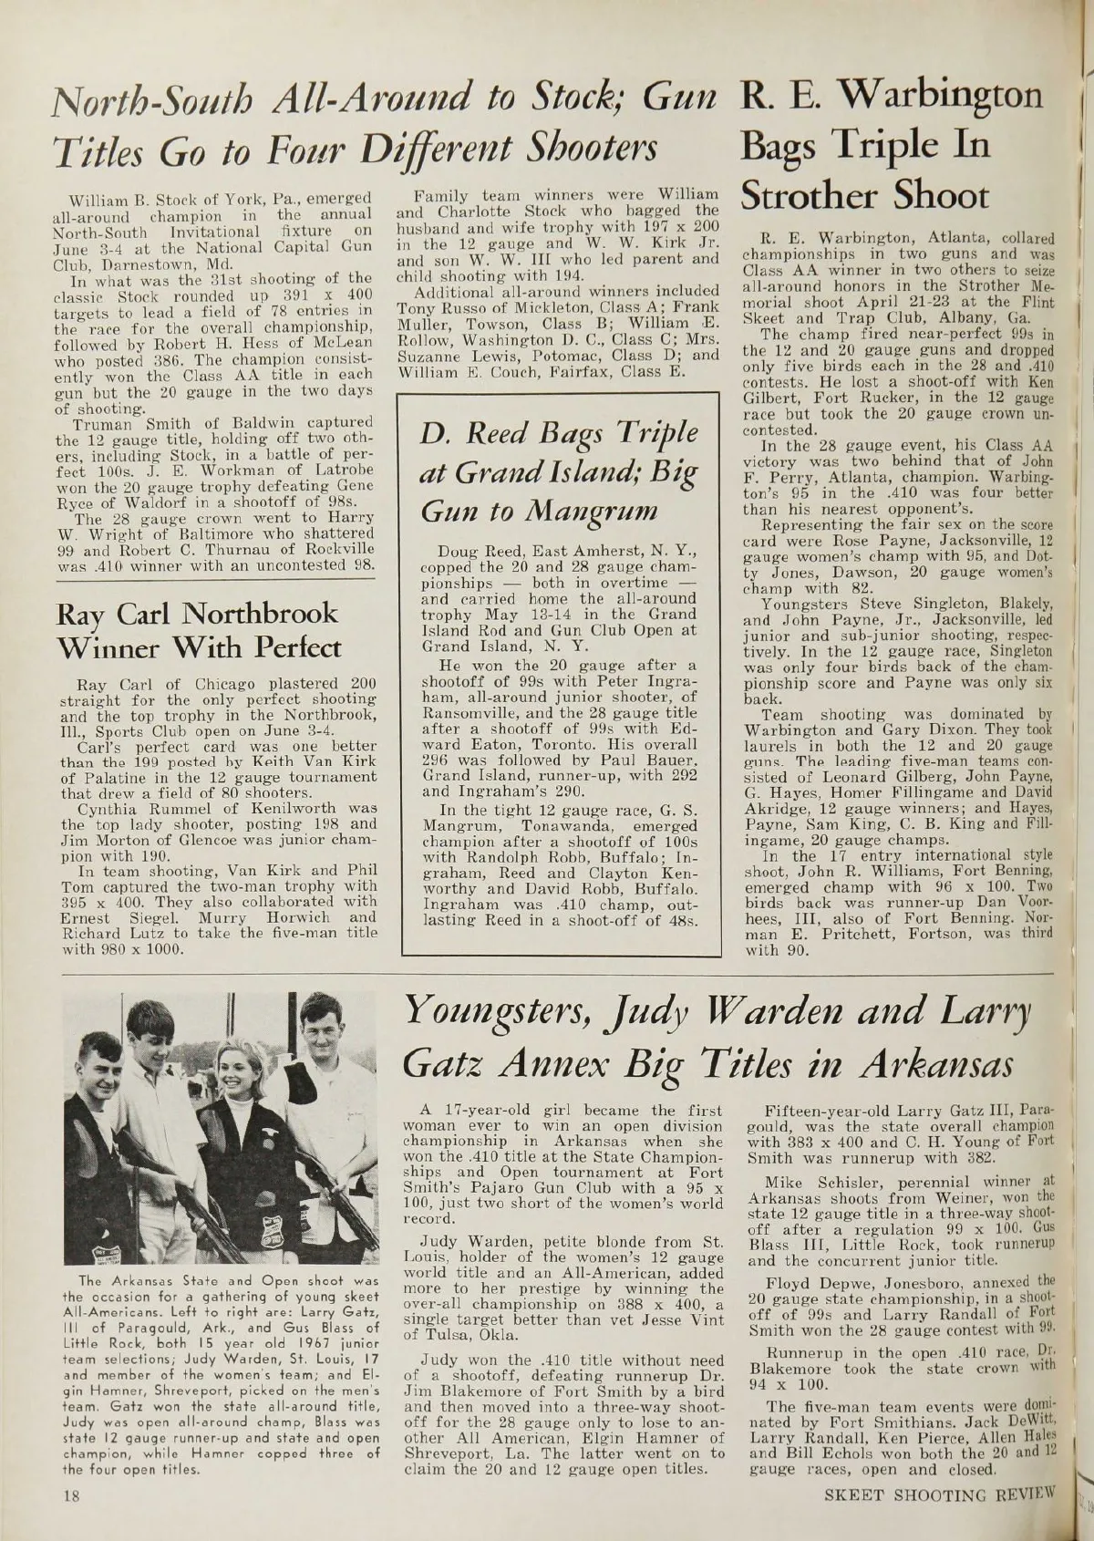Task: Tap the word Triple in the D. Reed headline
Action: tap(647, 432)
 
